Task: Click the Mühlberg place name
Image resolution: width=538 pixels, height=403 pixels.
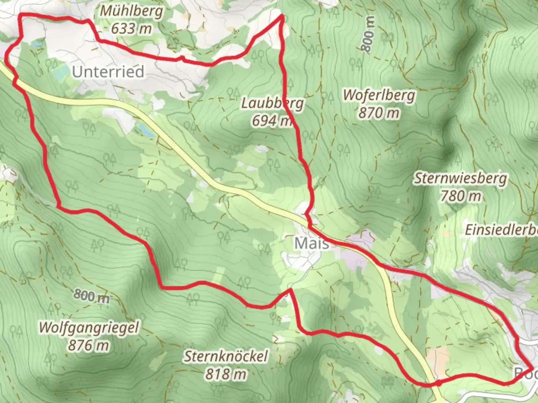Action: [x=132, y=11]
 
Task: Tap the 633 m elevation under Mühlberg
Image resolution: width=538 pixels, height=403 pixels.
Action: [x=132, y=28]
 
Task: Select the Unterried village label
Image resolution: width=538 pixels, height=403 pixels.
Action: [x=108, y=72]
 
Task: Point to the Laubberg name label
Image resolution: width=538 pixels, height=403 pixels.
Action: [x=272, y=103]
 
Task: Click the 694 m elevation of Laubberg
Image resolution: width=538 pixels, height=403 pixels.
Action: [x=271, y=121]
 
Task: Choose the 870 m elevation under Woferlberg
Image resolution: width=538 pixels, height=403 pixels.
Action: [x=379, y=112]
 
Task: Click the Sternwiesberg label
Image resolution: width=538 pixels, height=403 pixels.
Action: [x=460, y=178]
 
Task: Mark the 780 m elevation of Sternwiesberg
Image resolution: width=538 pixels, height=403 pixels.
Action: [x=460, y=196]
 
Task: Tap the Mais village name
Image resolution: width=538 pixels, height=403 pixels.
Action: [x=312, y=243]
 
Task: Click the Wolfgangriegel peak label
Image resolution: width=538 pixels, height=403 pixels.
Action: [x=89, y=328]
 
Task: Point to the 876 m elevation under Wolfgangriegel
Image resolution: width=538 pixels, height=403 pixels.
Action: [x=89, y=345]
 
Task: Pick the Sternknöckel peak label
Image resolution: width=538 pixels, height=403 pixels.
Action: [x=226, y=356]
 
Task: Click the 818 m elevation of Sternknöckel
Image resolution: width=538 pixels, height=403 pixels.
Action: [x=226, y=374]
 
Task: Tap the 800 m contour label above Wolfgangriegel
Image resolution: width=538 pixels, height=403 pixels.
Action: [x=91, y=296]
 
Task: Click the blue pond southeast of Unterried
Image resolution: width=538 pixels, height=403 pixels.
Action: [x=145, y=129]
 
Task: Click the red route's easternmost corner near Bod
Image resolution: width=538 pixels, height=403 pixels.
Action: [x=533, y=368]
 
